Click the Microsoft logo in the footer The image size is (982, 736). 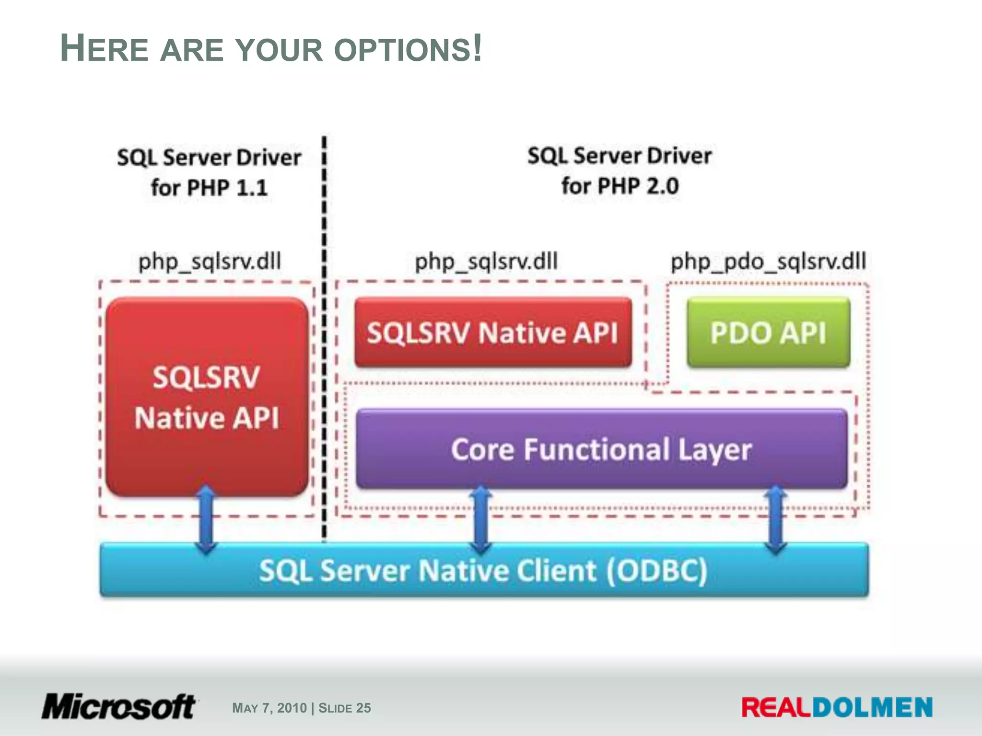click(x=118, y=707)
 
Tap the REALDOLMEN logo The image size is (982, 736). click(x=837, y=707)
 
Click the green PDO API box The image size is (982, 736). click(x=768, y=333)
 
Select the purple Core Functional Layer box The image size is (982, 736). click(x=601, y=449)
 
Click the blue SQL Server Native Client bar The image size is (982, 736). click(x=483, y=571)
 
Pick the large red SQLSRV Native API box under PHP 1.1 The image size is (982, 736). click(x=207, y=397)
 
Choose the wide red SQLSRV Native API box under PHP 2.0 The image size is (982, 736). click(x=492, y=333)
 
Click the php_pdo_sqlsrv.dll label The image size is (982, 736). click(x=768, y=262)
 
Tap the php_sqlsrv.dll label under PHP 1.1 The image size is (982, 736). click(x=210, y=262)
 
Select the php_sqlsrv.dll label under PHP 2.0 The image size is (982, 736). click(x=486, y=262)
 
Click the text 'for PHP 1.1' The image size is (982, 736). click(x=209, y=187)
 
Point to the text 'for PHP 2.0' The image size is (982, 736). click(x=620, y=186)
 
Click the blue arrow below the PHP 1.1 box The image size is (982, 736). click(x=206, y=520)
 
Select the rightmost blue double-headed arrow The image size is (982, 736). click(x=775, y=520)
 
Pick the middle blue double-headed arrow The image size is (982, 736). click(x=481, y=520)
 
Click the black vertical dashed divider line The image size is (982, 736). click(x=324, y=335)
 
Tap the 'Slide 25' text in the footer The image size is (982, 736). click(x=344, y=708)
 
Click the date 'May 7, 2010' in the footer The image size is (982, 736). click(x=269, y=708)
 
